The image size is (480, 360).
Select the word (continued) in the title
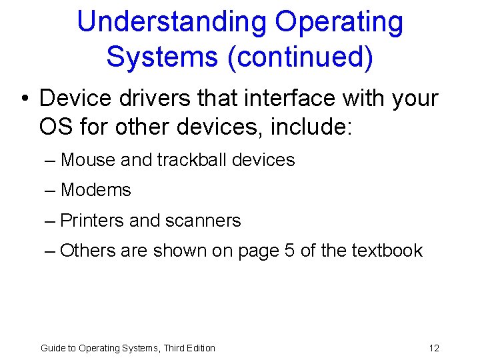(300, 57)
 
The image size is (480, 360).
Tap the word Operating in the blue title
(339, 22)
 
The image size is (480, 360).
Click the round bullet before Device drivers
(25, 99)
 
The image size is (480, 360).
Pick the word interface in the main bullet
(288, 98)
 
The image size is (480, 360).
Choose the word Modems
(95, 190)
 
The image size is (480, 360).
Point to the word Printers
(91, 220)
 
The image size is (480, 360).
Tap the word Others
(88, 251)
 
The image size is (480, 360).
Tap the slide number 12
(434, 348)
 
